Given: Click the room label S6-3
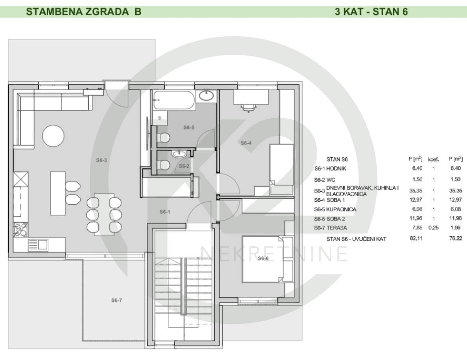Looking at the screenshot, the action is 101,160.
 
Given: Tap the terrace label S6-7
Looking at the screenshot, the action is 117,300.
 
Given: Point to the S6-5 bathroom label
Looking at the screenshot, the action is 189,127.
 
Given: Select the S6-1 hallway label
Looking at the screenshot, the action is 165,212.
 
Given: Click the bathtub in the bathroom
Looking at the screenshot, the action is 174,100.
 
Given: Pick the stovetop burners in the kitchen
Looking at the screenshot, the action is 21,229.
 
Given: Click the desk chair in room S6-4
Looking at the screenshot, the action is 248,108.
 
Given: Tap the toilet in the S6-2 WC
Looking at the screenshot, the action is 163,165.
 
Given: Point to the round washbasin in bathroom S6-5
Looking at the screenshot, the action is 206,95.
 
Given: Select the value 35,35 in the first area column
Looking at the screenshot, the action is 416,190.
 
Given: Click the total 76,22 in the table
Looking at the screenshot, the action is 455,239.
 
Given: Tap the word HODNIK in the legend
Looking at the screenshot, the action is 336,168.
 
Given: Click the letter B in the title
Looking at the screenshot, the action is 138,12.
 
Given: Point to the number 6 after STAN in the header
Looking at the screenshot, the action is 405,12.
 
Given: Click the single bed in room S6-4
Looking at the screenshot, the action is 282,170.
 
